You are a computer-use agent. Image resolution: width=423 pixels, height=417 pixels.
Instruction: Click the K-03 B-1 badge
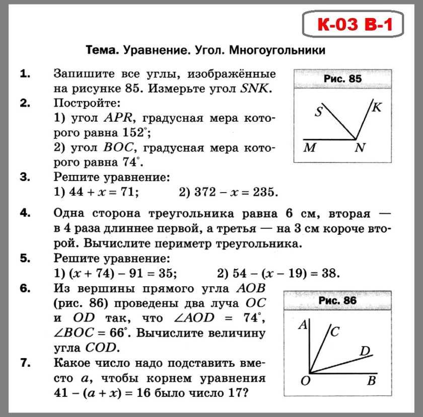[354, 24]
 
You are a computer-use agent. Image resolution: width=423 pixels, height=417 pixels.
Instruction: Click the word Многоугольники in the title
[277, 50]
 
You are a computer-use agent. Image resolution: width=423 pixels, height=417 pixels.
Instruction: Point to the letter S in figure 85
[318, 112]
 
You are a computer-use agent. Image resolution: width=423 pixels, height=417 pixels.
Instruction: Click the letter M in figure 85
[310, 148]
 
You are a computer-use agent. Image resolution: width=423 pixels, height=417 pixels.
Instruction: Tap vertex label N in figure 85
[360, 148]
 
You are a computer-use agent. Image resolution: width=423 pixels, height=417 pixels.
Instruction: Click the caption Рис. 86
[337, 301]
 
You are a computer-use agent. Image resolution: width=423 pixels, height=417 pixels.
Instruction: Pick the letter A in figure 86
[303, 325]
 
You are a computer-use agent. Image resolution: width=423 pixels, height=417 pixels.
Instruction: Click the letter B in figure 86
[372, 381]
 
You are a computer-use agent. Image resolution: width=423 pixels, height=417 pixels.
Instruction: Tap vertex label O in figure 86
[305, 381]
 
